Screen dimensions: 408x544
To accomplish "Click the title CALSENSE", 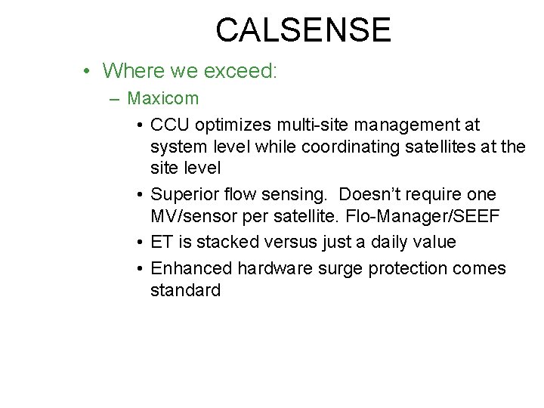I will pos(303,30).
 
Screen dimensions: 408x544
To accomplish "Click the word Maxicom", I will pos(163,98).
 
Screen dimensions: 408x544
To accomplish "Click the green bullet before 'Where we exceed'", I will pos(88,72).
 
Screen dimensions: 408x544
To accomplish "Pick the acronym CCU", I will pos(171,123).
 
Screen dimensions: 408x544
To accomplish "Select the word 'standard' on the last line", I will pos(185,290).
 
